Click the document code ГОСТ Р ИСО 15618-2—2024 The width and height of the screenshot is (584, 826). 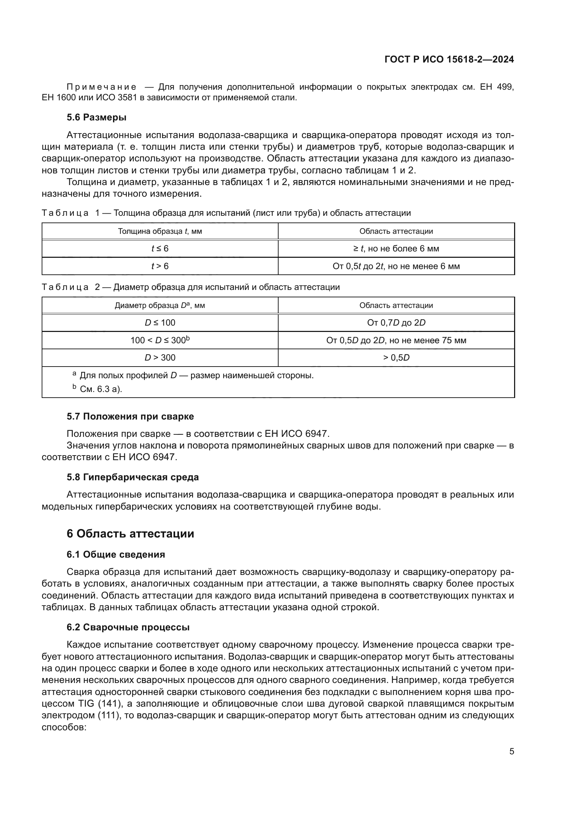coord(449,59)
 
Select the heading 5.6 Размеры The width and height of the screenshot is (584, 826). coord(96,117)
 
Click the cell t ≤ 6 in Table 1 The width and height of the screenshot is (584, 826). coord(160,249)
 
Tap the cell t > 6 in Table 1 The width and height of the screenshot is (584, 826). coord(160,266)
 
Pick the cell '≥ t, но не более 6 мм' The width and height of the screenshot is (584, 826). coord(396,249)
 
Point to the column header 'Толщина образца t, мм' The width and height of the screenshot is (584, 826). coord(160,231)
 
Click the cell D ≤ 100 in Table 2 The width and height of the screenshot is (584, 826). coord(160,323)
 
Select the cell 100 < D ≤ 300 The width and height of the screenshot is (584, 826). coord(160,340)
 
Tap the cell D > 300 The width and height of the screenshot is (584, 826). coord(160,358)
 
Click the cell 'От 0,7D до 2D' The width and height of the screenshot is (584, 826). coord(396,323)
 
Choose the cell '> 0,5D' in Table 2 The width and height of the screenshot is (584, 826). coord(396,358)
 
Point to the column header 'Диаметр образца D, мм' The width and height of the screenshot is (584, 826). coord(160,305)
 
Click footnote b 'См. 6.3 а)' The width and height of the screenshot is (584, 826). coord(101,389)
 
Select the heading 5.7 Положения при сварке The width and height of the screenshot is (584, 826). coord(130,416)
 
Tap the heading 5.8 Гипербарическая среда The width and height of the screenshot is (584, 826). coord(133,477)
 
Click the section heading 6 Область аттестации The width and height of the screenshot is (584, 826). coord(130,534)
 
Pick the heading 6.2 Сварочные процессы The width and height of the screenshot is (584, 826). coord(128,627)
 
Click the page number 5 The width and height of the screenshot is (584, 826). coord(511,751)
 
